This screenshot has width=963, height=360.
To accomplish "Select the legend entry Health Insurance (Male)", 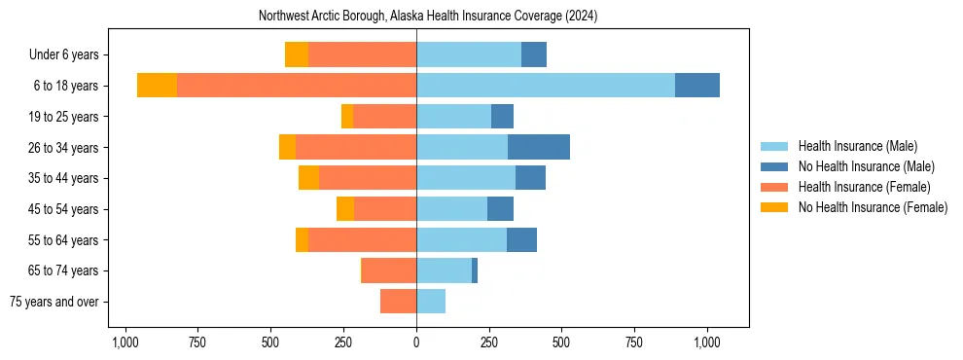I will pos(852,146).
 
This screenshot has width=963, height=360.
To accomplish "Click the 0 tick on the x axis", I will pos(416,342).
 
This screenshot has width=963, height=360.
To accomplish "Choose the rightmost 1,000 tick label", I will pos(706,342).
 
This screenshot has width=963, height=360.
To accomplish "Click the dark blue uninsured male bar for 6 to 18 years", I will pos(697,86).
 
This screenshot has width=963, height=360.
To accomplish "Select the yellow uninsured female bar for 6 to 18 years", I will pos(157,86).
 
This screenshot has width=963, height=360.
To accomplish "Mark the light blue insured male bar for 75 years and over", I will pos(431,302).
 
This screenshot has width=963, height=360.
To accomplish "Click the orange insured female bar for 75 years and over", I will pos(399,302).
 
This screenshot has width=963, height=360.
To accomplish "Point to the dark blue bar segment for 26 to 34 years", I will pos(539,147).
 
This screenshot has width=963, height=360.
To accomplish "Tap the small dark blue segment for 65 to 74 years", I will pos(475,270).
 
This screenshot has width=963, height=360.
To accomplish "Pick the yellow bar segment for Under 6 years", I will pos(297,54).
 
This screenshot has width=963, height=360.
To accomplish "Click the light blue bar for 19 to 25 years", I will pos(453,117).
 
